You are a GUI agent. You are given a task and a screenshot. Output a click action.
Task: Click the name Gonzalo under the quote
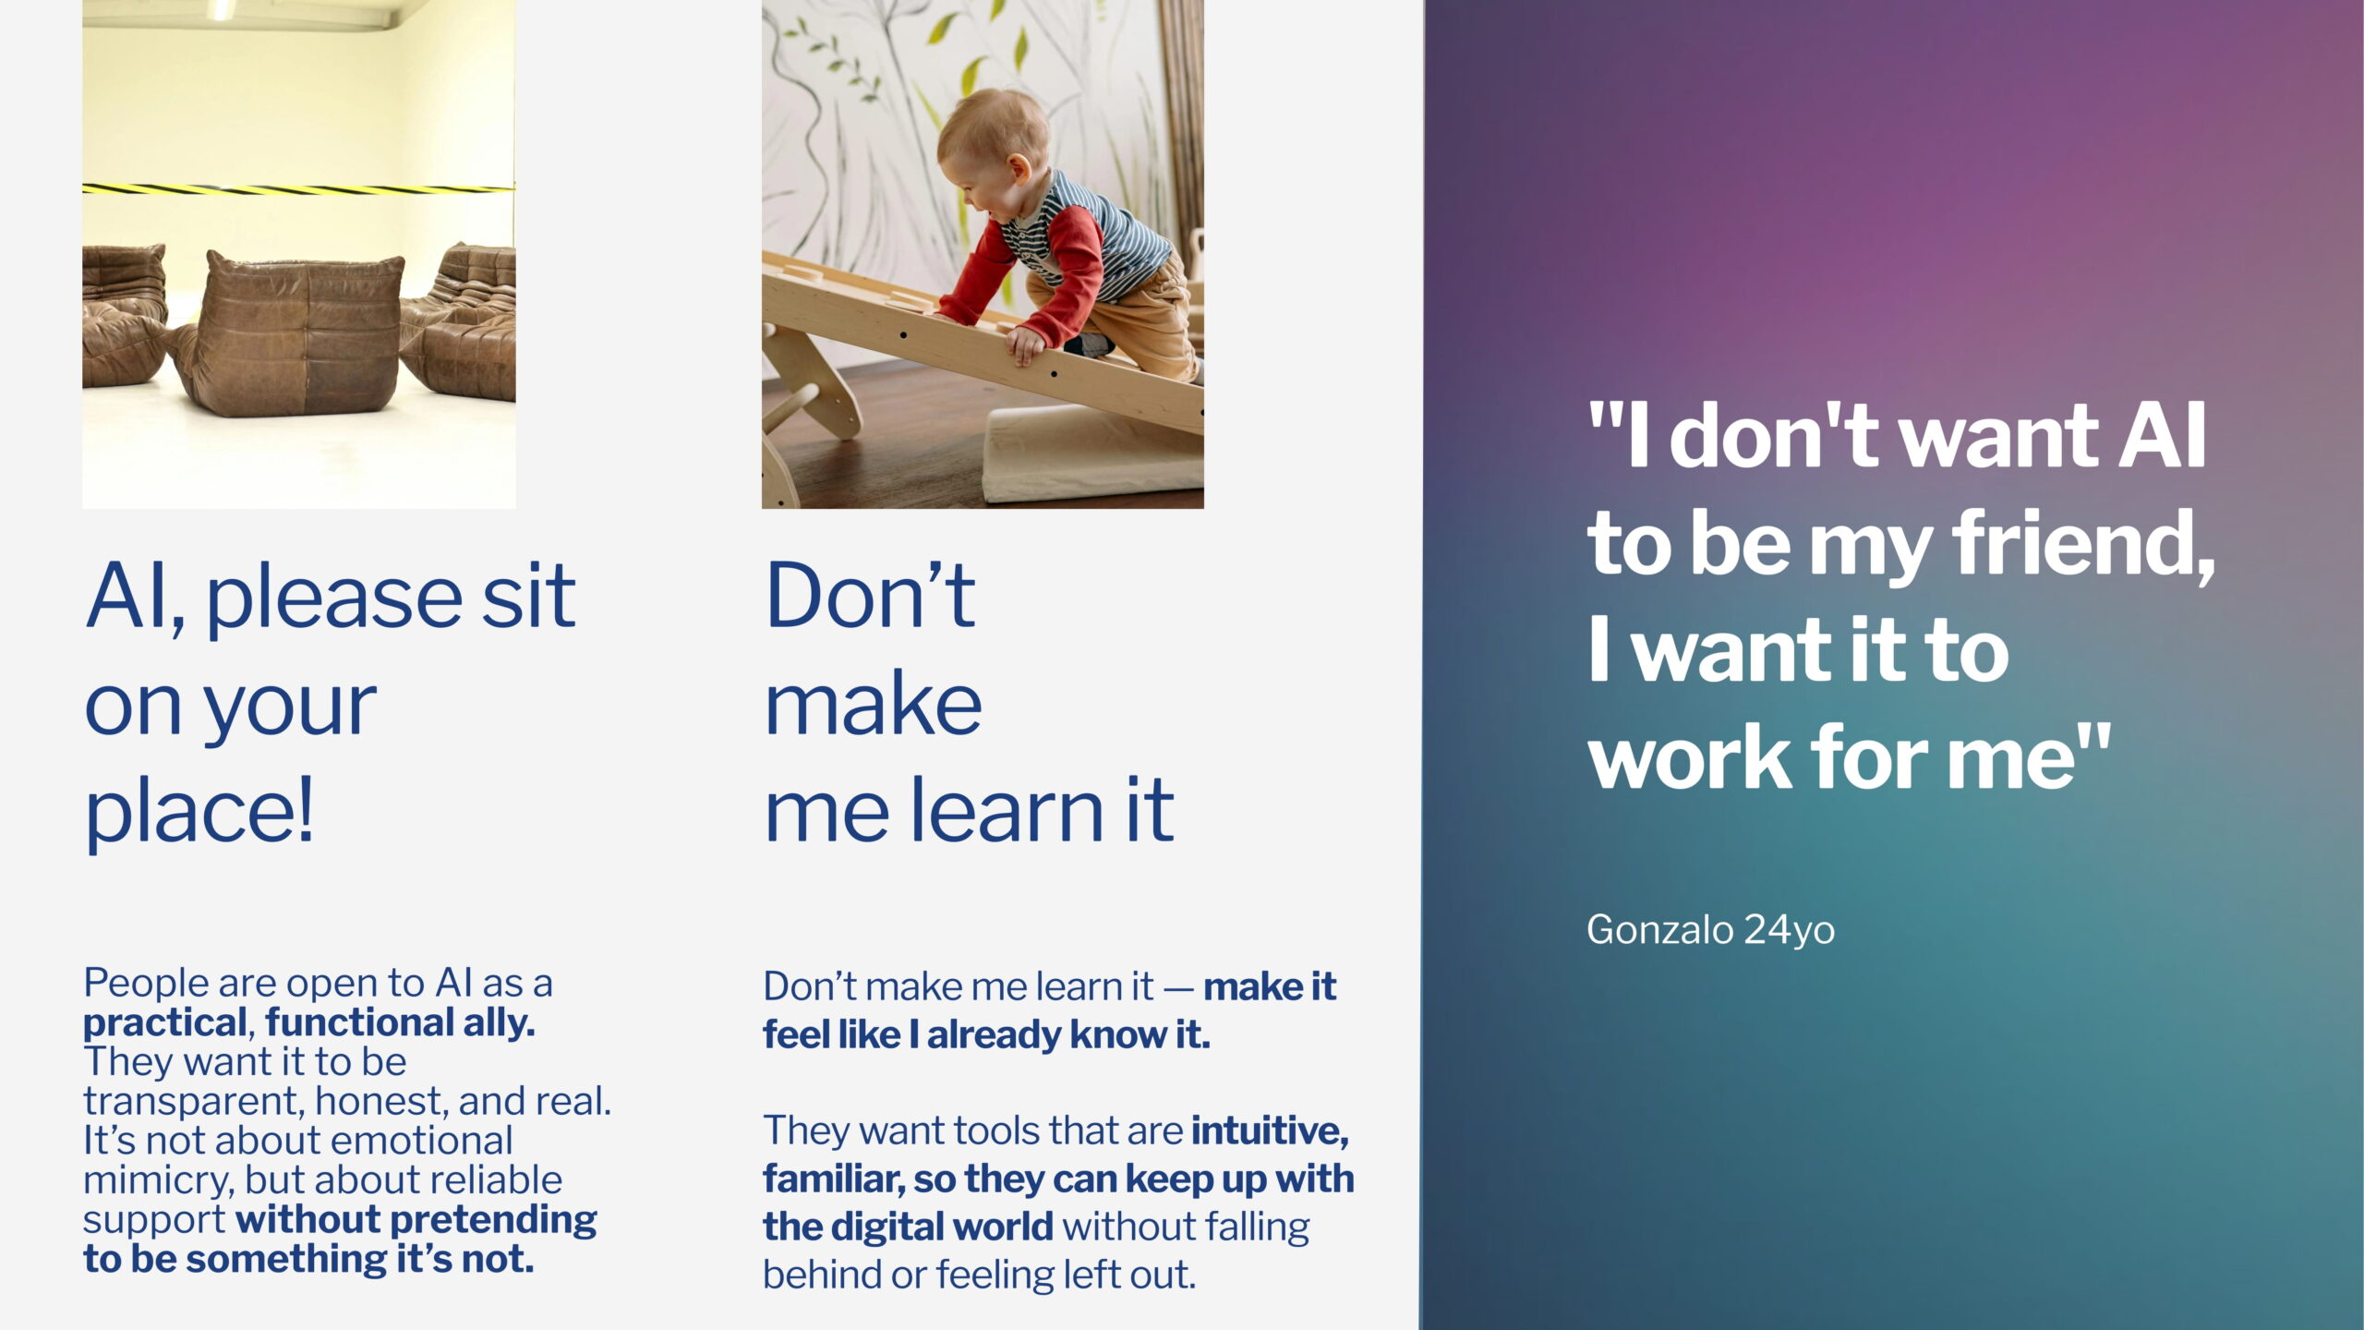[1658, 930]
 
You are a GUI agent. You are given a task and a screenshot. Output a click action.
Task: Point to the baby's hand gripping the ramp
[1026, 345]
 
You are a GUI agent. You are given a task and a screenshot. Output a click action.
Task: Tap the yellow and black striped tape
[298, 189]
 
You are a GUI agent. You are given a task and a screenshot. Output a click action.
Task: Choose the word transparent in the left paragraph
[193, 1102]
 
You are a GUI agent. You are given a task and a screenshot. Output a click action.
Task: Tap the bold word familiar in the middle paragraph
[832, 1179]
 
